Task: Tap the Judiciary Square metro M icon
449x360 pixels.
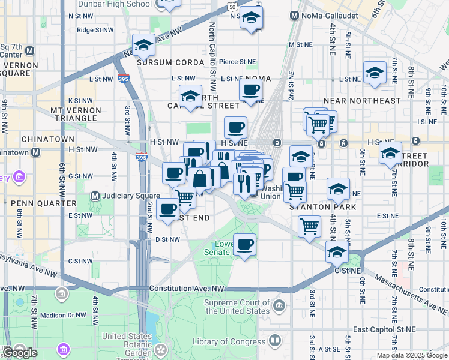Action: (x=94, y=196)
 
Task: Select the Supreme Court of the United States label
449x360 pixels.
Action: (x=237, y=307)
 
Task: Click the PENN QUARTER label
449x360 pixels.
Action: (x=30, y=203)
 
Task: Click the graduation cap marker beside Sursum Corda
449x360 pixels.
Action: (x=143, y=45)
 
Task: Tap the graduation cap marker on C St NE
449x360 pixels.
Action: (x=337, y=252)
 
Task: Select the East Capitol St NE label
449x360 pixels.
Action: (x=384, y=329)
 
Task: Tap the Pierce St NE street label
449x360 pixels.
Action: (x=238, y=61)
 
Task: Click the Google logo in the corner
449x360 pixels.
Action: (x=20, y=353)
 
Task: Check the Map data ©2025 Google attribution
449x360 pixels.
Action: (x=411, y=355)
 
